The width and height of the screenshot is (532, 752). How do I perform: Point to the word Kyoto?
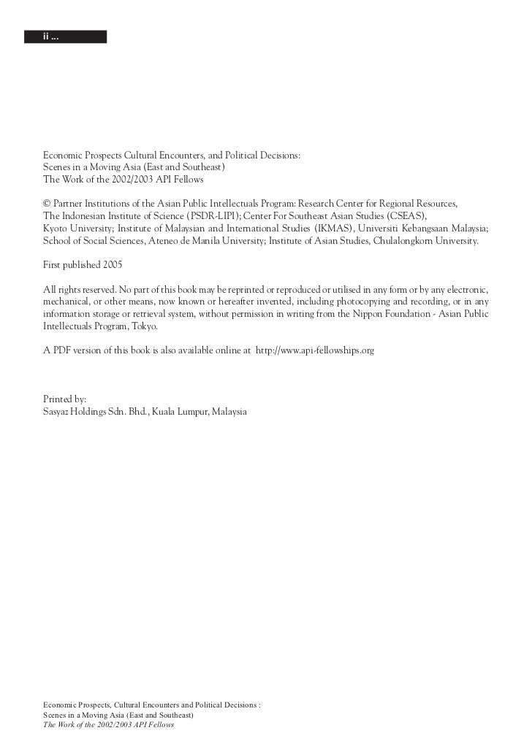(56, 228)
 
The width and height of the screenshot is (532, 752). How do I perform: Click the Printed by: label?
(65, 399)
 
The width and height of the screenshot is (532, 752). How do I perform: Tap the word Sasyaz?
(58, 412)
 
